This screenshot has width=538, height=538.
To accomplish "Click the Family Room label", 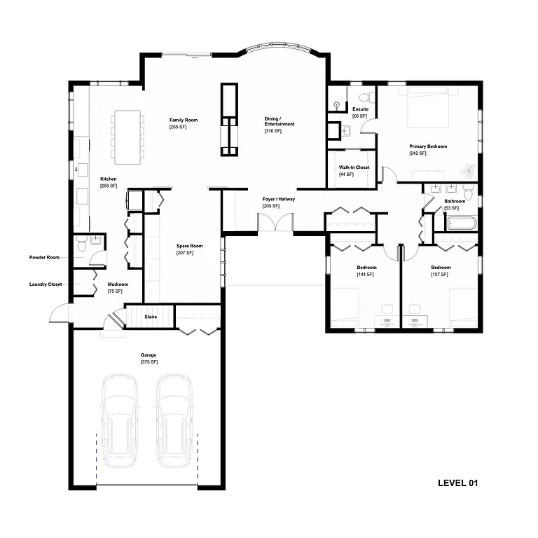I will (183, 120).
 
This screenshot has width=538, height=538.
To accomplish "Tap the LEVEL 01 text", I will (457, 483).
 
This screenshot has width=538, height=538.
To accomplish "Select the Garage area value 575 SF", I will (149, 362).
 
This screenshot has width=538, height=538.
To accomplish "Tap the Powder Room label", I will (47, 257).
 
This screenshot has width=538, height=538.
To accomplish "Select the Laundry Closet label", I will (47, 284).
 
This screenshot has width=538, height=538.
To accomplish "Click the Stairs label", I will (151, 317).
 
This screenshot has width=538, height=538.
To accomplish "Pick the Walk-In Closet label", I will (354, 167).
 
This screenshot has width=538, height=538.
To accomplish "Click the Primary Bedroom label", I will (428, 146).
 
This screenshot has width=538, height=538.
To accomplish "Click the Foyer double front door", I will (275, 223).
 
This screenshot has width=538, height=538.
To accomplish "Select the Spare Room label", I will (189, 246).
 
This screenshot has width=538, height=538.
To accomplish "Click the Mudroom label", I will (118, 284).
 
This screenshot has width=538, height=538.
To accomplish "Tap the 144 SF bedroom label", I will (366, 268).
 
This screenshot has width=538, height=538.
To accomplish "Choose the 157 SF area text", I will (440, 275).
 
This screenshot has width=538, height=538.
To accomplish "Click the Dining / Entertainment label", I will (279, 121).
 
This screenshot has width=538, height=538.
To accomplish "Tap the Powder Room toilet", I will (82, 247).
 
